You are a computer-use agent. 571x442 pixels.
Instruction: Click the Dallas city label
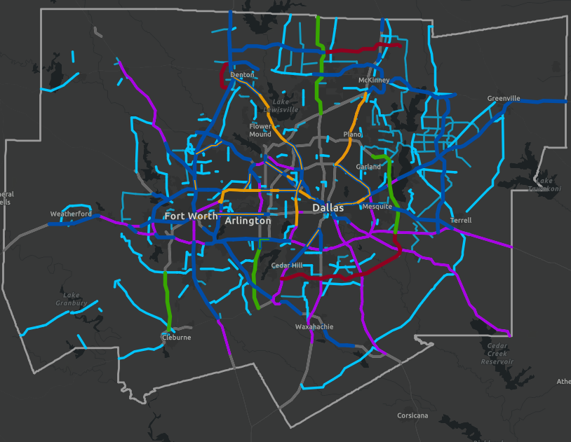tap(328, 208)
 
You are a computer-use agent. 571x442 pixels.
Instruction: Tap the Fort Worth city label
tap(192, 216)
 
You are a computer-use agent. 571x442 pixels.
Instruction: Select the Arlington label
tap(248, 221)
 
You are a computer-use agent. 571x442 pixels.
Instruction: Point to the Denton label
tap(242, 74)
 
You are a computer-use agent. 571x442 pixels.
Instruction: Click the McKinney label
tap(373, 81)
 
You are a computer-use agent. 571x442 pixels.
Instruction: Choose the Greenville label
tap(504, 99)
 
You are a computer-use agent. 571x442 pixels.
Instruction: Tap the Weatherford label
tap(71, 214)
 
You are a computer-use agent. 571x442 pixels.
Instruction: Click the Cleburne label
tap(176, 338)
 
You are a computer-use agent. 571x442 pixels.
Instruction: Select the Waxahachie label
tap(314, 327)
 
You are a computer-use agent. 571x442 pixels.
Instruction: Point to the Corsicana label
tap(412, 415)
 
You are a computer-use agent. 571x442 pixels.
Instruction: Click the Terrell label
tap(461, 221)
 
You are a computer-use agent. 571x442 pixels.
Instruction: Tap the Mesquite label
tap(377, 207)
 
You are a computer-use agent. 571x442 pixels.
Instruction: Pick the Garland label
tap(368, 167)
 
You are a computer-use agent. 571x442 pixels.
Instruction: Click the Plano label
tap(351, 134)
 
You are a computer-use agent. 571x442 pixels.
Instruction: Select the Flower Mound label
tap(260, 130)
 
